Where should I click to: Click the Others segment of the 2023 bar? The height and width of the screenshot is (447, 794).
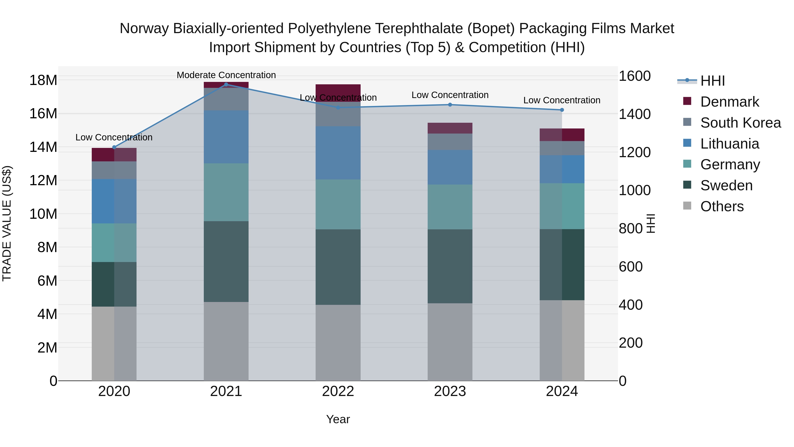(450, 342)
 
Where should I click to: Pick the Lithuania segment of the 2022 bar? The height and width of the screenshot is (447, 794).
(338, 153)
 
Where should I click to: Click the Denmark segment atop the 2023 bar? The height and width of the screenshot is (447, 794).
(450, 128)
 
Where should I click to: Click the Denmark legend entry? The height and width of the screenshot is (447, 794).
(729, 102)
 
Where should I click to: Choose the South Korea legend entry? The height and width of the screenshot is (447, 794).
(740, 123)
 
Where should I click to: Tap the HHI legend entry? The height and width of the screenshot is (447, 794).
(712, 81)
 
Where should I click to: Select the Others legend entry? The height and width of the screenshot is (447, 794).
(722, 206)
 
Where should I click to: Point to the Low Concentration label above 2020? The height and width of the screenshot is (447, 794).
(114, 137)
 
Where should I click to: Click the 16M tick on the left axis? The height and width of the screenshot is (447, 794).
(43, 113)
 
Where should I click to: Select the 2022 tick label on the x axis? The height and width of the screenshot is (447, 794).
(338, 391)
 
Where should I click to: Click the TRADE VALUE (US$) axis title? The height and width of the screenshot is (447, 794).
(7, 223)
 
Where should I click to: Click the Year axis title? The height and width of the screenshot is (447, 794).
(338, 419)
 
